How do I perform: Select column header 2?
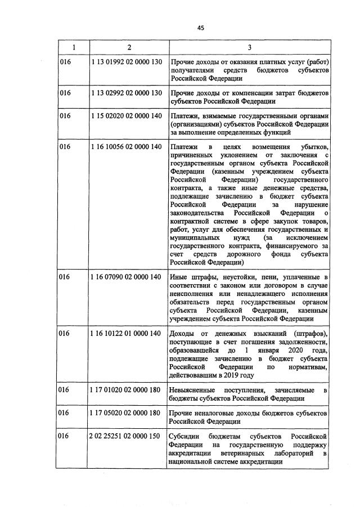pos(129,47)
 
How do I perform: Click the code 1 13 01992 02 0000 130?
pos(126,61)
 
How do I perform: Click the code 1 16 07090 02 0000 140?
pos(126,277)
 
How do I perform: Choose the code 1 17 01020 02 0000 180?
pos(126,390)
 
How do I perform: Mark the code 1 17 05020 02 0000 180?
pos(126,414)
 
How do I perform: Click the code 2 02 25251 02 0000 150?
pos(126,437)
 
